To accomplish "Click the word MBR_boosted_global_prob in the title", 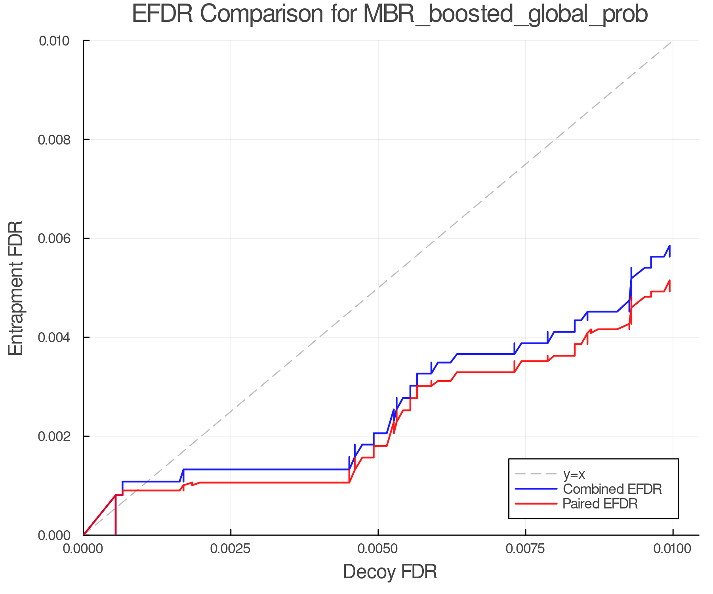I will [x=505, y=15].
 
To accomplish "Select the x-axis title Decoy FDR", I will [x=390, y=572].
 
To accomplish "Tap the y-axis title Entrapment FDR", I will [x=16, y=288].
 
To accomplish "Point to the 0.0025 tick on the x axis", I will [x=231, y=549].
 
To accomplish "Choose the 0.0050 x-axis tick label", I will [x=378, y=549].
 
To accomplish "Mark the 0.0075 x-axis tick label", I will [x=525, y=549].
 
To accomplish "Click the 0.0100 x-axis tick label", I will [x=673, y=549].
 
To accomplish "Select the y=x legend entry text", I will [x=574, y=474].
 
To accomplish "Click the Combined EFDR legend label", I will [x=612, y=489].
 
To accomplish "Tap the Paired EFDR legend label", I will [x=600, y=504].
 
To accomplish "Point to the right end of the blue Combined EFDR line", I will [x=669, y=246].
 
